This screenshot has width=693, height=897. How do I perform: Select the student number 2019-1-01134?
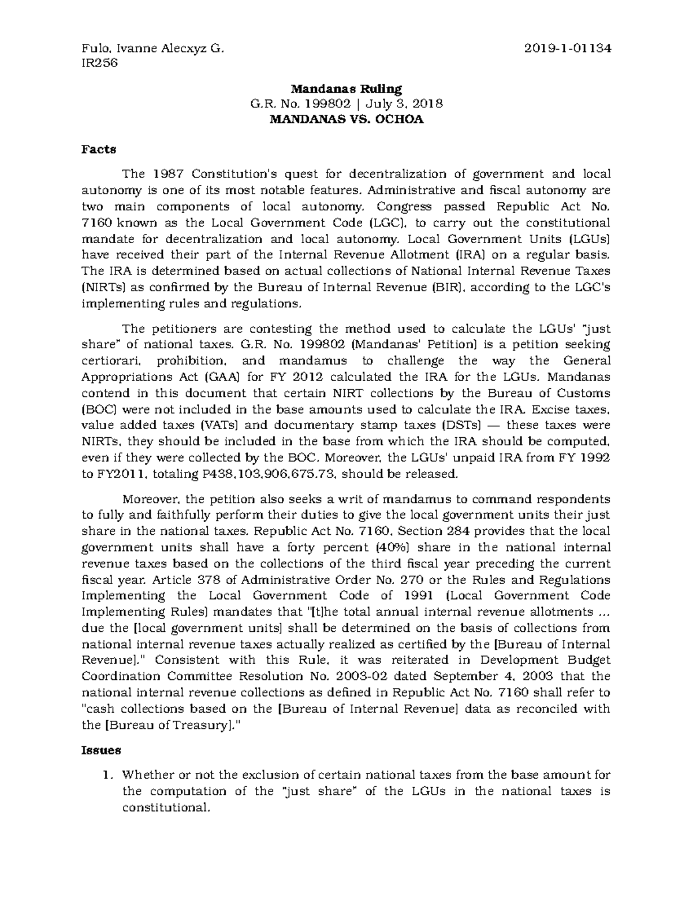(567, 49)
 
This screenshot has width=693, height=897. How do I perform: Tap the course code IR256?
(100, 63)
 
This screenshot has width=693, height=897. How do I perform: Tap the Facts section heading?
(98, 150)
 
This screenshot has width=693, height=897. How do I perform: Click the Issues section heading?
(101, 750)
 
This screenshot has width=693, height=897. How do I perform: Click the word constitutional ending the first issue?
(164, 807)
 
